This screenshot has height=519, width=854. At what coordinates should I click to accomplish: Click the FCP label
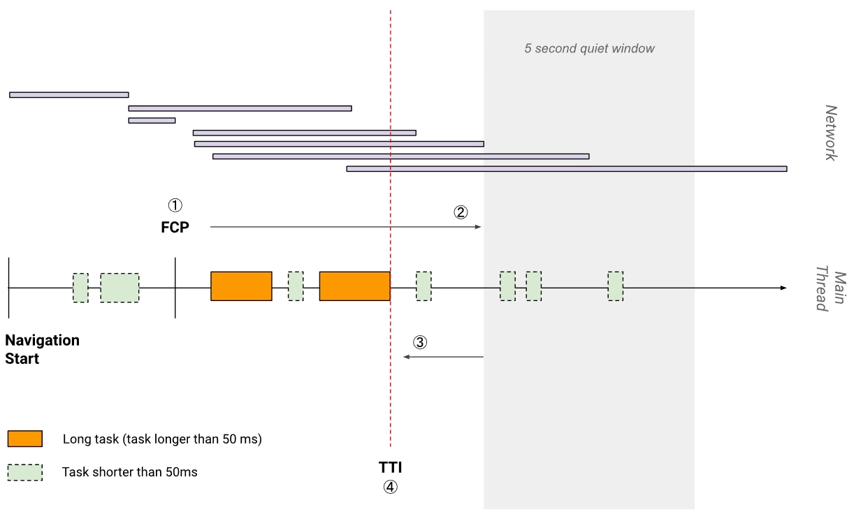(x=175, y=228)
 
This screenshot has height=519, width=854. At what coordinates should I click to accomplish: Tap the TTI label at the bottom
(x=390, y=467)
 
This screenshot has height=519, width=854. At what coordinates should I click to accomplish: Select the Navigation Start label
(x=43, y=349)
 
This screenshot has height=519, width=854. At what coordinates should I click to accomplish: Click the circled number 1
(x=175, y=205)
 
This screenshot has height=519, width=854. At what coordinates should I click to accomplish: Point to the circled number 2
(x=461, y=212)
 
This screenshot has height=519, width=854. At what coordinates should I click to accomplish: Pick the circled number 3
(x=420, y=342)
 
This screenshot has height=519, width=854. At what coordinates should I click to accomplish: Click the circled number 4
(x=391, y=487)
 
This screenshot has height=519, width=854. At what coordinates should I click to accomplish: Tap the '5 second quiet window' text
(x=589, y=48)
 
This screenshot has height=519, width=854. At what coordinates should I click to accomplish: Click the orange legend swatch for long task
(x=25, y=439)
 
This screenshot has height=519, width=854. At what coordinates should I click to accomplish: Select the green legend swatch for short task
(x=25, y=472)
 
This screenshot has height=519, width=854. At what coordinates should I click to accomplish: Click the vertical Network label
(x=831, y=133)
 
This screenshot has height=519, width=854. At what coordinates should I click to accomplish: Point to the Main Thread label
(x=831, y=288)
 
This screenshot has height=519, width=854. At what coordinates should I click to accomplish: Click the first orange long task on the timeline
(x=241, y=286)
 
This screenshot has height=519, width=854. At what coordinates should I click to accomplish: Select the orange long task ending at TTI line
(x=355, y=286)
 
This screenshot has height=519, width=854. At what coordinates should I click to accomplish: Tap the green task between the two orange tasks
(x=296, y=286)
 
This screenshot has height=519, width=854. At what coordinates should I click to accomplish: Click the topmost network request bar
(x=69, y=95)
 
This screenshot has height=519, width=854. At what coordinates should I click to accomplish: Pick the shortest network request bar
(x=152, y=120)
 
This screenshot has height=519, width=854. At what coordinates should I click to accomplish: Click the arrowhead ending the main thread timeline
(x=783, y=288)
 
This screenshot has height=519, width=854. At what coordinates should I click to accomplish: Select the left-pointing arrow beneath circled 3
(x=443, y=357)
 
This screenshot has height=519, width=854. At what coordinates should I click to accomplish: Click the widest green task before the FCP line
(x=120, y=288)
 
